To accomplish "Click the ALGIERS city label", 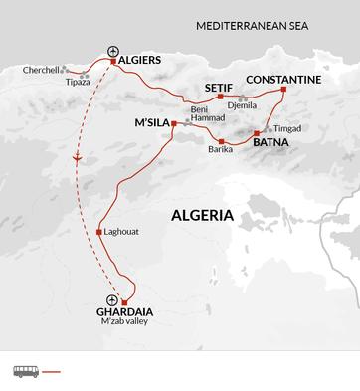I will [140, 60].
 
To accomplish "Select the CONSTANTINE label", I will [282, 79].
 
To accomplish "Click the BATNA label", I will [271, 143].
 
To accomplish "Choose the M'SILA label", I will [151, 123].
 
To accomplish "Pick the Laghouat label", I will [122, 232].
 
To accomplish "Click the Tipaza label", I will [77, 82].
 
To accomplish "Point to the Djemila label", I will [242, 104].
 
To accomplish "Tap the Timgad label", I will [285, 129].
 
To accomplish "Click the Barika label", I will [221, 149].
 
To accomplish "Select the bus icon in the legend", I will [25, 371].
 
